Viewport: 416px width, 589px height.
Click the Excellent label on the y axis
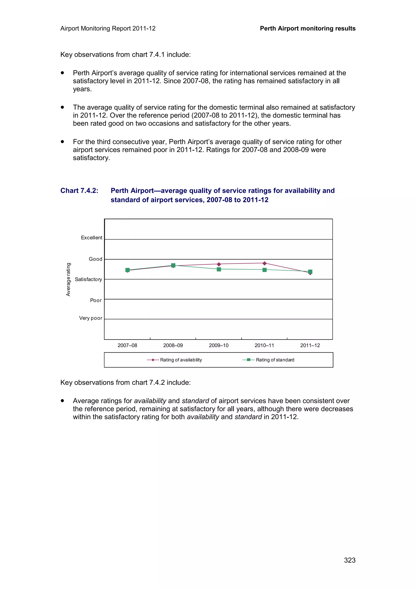pyautogui.click(x=91, y=238)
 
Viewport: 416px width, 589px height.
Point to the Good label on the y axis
pyautogui.click(x=95, y=259)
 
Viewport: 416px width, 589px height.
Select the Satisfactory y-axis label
pyautogui.click(x=88, y=279)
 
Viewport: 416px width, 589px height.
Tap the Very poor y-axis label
pyautogui.click(x=90, y=318)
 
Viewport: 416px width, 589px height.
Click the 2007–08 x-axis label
pyautogui.click(x=127, y=346)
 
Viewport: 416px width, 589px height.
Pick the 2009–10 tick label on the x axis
pyautogui.click(x=219, y=346)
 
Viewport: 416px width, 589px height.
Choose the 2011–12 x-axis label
pyautogui.click(x=310, y=346)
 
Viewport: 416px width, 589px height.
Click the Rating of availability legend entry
pyautogui.click(x=181, y=360)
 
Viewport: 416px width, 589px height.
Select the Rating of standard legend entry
pyautogui.click(x=275, y=360)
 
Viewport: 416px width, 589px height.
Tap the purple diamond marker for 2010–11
pyautogui.click(x=264, y=263)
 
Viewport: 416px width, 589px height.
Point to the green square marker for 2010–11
pyautogui.click(x=264, y=270)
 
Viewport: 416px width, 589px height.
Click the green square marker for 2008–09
pyautogui.click(x=173, y=265)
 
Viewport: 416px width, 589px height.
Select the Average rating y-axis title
pyautogui.click(x=68, y=279)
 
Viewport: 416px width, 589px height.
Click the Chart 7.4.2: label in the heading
pyautogui.click(x=79, y=191)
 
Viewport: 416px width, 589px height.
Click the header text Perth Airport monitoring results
pyautogui.click(x=308, y=28)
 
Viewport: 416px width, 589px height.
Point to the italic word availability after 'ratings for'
pyautogui.click(x=150, y=401)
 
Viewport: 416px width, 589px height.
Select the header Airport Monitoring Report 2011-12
pyautogui.click(x=108, y=28)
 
